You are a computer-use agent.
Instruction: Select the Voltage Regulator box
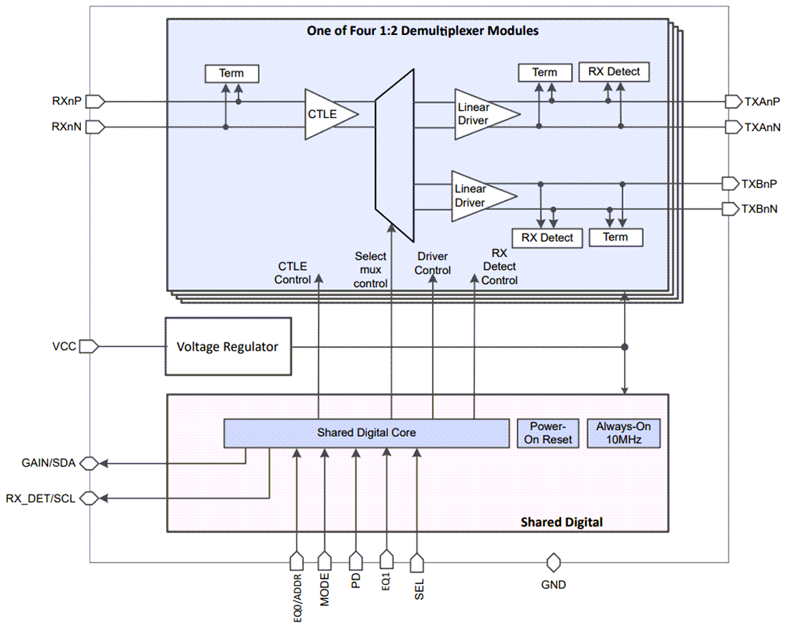click(x=227, y=346)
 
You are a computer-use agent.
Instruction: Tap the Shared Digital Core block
click(x=366, y=433)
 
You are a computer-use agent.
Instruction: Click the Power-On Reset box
click(x=548, y=433)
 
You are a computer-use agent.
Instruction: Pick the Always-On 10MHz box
click(x=623, y=433)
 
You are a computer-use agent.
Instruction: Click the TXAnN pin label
click(x=761, y=127)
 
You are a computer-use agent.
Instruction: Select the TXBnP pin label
click(x=759, y=184)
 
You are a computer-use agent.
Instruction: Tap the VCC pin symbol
click(x=88, y=346)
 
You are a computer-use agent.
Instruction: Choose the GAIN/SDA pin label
click(x=49, y=463)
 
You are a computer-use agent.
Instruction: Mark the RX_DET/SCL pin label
click(x=40, y=497)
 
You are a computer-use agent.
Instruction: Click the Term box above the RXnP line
click(x=231, y=74)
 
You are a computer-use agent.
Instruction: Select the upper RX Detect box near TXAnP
click(x=613, y=72)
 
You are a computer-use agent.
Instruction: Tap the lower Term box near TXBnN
click(x=615, y=238)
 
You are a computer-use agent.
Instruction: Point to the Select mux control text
click(x=370, y=269)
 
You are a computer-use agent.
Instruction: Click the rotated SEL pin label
click(x=419, y=590)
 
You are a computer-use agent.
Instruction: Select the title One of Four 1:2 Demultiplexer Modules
click(x=423, y=31)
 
